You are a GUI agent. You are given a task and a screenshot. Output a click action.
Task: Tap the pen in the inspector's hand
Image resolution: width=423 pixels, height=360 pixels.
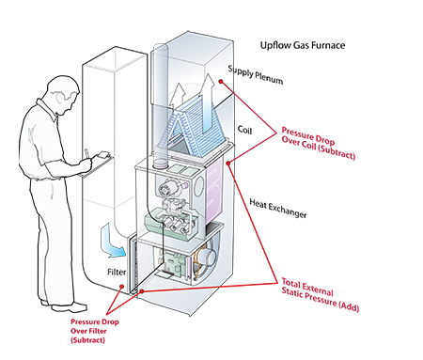(87, 152)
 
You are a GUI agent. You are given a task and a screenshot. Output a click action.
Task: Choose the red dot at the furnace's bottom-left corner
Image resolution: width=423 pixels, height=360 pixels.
(133, 292)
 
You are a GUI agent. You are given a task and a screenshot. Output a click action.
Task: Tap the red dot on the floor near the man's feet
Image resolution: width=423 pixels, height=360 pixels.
(119, 287)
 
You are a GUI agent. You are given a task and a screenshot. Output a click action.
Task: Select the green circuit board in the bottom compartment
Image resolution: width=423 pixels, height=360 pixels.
(171, 264)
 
